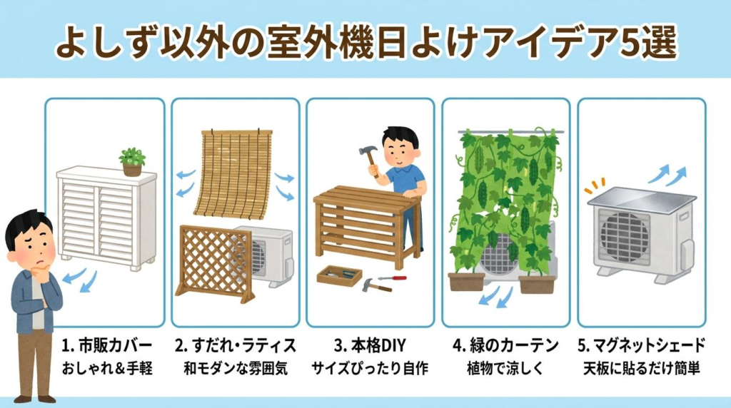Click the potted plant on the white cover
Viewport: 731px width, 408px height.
tap(132, 162)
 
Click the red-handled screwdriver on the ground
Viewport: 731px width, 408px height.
tap(392, 278)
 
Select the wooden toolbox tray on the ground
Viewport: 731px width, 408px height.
tap(339, 275)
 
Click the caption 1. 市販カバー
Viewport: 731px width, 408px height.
tap(107, 346)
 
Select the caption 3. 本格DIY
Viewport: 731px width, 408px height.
tap(370, 346)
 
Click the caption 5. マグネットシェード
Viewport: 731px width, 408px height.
tap(642, 346)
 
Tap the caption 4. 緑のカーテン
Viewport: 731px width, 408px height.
tap(505, 346)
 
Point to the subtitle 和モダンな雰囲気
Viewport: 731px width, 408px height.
tap(236, 369)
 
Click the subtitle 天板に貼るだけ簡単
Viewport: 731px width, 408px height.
tap(642, 369)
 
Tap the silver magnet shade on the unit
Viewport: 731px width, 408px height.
tap(642, 200)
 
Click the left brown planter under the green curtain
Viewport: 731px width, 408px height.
tap(466, 282)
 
